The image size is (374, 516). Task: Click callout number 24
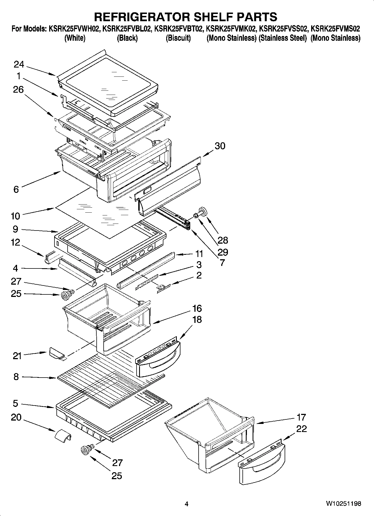pos(19,65)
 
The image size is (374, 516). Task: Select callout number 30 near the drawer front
pos(220,146)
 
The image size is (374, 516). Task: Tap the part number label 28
pos(223,240)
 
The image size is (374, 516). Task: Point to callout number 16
pos(197,308)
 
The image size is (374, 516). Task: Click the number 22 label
pos(301,429)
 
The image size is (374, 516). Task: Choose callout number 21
pos(17,356)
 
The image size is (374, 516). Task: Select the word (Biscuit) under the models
pos(178,38)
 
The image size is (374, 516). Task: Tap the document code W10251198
pos(343,504)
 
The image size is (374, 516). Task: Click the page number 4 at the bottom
pos(187,504)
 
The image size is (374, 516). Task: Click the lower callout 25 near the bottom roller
pos(117,475)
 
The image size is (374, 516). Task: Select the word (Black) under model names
pos(127,38)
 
